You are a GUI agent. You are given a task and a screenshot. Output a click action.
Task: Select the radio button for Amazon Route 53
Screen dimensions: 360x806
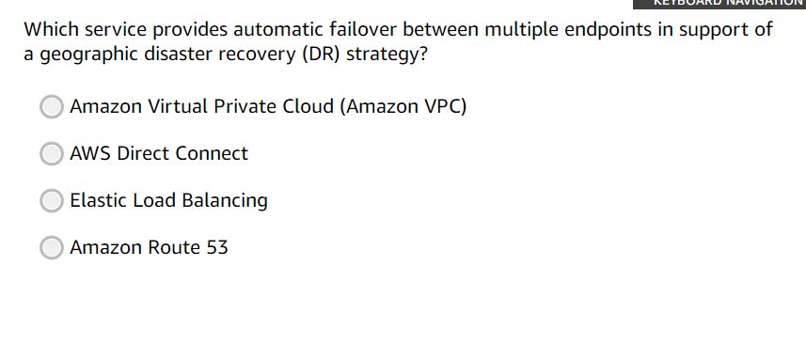coord(52,247)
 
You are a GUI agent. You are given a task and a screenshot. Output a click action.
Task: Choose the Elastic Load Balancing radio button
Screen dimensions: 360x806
coord(52,200)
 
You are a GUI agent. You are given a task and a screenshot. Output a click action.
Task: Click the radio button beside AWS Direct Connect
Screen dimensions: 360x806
coord(52,153)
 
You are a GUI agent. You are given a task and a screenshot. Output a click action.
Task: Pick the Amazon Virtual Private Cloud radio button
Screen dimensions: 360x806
coord(52,106)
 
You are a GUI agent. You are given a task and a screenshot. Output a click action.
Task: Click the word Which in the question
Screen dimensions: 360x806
coord(49,29)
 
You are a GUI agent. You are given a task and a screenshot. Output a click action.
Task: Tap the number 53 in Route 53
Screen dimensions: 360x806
coord(216,247)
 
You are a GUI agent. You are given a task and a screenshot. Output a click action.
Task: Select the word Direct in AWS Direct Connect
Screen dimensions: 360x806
coord(146,153)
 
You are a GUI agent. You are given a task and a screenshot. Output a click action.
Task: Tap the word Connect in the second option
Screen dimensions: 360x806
coord(213,153)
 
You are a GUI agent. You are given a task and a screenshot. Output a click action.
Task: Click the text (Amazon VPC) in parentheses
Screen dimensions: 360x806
coord(405,106)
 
